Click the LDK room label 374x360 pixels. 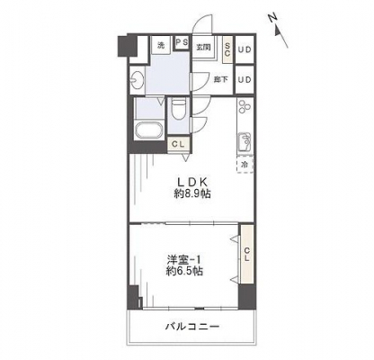click(192, 182)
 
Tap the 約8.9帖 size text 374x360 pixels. click(192, 194)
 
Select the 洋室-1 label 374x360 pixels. click(184, 259)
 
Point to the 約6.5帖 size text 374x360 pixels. click(184, 271)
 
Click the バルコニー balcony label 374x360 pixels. click(192, 326)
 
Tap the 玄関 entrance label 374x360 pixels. click(203, 47)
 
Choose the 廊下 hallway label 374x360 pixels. click(221, 79)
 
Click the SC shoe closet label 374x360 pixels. click(227, 49)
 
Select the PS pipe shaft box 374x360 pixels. click(182, 43)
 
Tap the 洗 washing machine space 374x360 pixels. click(161, 45)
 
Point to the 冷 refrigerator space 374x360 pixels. click(245, 165)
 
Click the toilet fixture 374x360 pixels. click(179, 110)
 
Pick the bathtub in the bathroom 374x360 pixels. click(149, 130)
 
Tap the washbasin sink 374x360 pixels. click(138, 80)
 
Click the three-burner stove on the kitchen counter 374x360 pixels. click(245, 107)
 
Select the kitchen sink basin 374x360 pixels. click(245, 142)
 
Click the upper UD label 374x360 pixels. click(245, 49)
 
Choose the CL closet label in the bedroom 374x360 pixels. click(246, 254)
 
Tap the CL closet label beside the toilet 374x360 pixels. click(178, 144)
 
